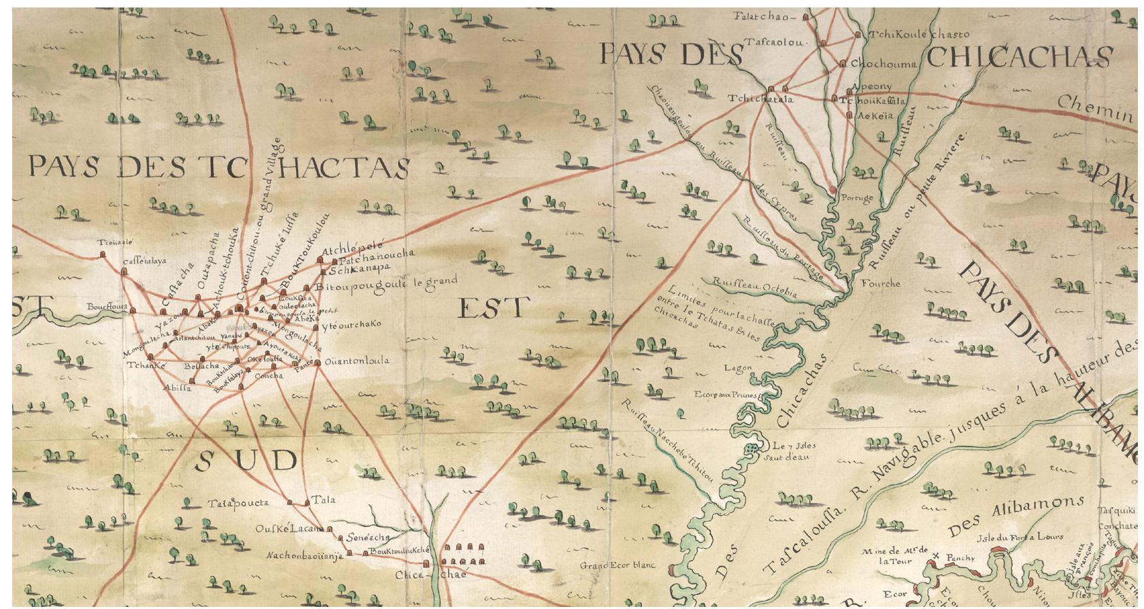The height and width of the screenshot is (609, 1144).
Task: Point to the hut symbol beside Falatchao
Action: [806, 16]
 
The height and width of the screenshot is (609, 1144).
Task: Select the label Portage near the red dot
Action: [856, 199]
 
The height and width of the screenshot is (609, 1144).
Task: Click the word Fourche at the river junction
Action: [880, 283]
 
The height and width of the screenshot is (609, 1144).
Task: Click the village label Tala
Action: [324, 500]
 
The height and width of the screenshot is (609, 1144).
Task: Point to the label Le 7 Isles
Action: [794, 446]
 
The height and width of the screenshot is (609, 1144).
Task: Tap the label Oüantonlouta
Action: [357, 361]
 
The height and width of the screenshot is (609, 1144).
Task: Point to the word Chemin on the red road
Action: [1094, 109]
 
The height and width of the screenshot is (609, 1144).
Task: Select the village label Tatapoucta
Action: [239, 504]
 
